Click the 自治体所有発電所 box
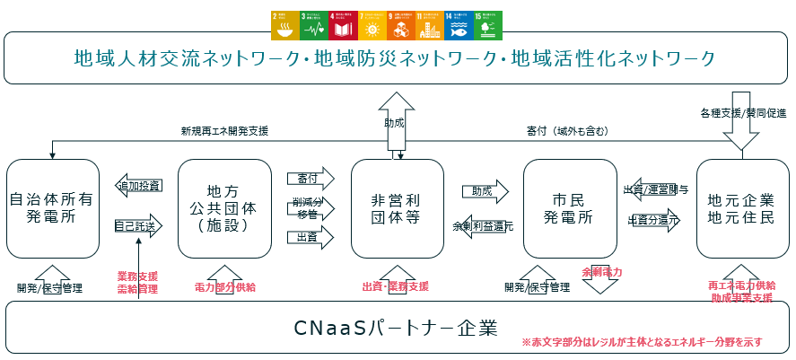[51, 208]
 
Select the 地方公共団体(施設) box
[224, 208]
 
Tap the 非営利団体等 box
[397, 208]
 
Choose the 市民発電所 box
[569, 208]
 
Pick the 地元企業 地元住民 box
[742, 208]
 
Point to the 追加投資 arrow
[138, 186]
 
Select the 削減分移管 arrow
[309, 207]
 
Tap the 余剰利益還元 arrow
[483, 226]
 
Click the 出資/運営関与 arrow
[655, 189]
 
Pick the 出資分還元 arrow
[655, 219]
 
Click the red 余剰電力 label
[601, 270]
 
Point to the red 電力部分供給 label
[224, 287]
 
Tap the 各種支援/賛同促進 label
[742, 114]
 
